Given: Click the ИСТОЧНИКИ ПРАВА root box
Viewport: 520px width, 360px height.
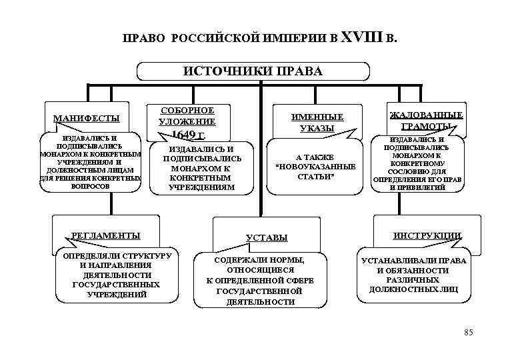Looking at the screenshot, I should click(x=253, y=71).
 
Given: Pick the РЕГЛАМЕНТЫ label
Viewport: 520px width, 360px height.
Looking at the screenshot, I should click(x=106, y=235).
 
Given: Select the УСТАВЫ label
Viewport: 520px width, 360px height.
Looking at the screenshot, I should click(x=267, y=237).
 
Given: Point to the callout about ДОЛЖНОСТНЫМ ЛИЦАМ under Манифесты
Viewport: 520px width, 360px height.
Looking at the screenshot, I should click(x=91, y=164).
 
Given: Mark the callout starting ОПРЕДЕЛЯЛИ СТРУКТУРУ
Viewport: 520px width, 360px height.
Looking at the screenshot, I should click(x=117, y=275).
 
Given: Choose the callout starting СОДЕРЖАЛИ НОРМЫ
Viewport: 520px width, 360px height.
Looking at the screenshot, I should click(x=260, y=281).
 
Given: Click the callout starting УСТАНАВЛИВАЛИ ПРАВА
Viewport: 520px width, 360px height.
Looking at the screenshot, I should click(x=413, y=275).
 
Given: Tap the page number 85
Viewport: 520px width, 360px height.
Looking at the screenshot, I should click(x=467, y=331).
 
